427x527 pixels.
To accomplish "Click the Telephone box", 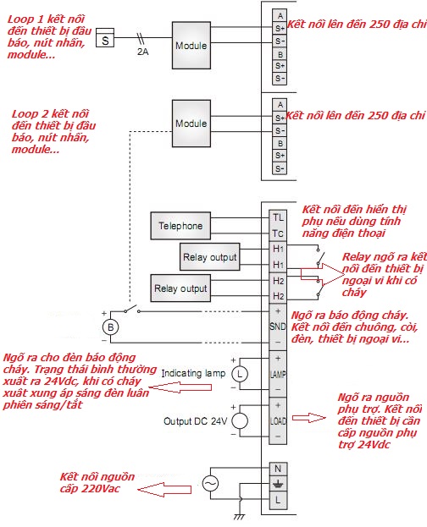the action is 180,226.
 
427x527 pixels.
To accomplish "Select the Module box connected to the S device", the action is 191,46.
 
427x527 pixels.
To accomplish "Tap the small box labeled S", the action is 105,37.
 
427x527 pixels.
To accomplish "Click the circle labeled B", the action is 110,327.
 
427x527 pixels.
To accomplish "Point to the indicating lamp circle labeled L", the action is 240,374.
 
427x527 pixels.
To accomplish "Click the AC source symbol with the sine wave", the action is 210,484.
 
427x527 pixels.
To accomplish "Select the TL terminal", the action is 278,217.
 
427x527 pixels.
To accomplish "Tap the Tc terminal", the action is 278,233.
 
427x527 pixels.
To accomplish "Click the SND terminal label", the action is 278,327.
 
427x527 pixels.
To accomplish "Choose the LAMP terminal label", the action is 278,374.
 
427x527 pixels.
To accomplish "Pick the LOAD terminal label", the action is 278,420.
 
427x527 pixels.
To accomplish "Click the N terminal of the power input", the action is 278,469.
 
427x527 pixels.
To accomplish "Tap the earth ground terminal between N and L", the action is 278,484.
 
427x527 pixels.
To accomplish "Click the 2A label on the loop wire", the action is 143,52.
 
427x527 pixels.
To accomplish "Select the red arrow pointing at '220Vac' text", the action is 164,490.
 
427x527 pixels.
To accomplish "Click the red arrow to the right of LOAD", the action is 308,418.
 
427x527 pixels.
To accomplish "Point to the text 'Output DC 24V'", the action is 196,421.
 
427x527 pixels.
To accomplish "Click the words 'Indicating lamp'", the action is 193,373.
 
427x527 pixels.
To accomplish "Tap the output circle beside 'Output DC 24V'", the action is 240,420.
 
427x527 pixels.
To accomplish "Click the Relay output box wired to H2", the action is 180,288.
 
